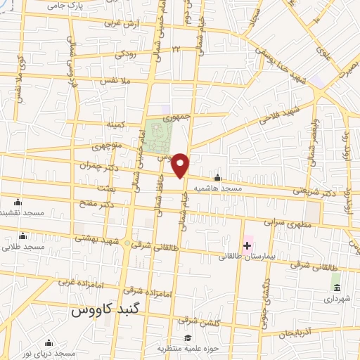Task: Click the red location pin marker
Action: [x=181, y=165]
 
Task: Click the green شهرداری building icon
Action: [x=337, y=289]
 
